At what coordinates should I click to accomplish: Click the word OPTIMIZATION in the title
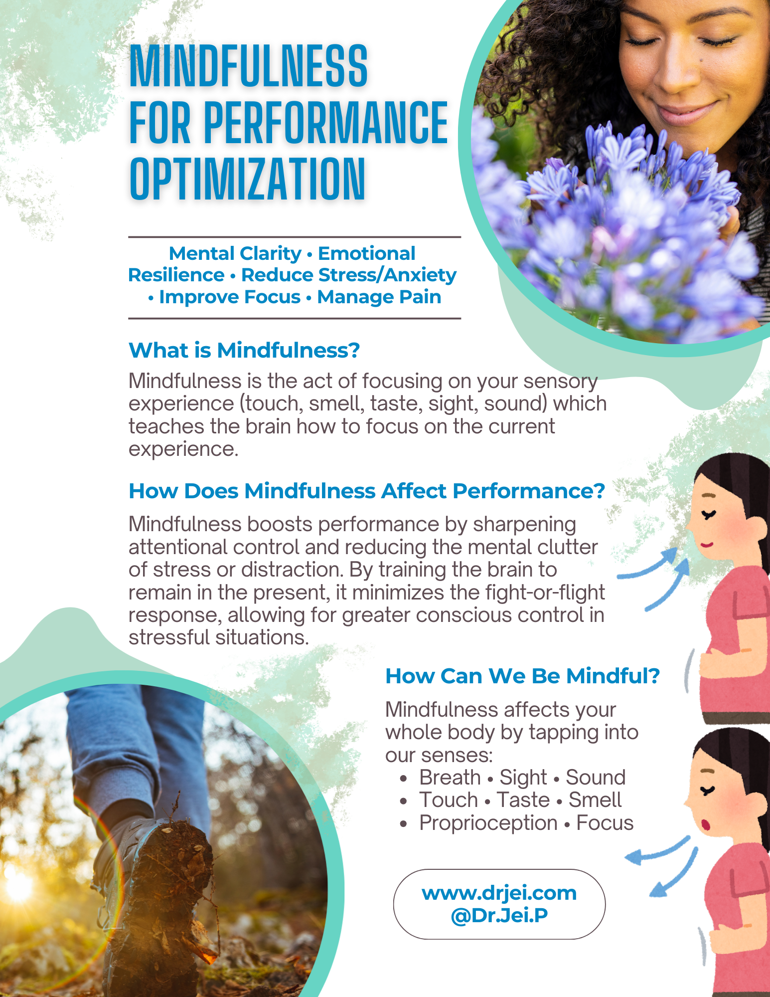[248, 178]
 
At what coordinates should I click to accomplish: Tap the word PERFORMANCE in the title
[326, 122]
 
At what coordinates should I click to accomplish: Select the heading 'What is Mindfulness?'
[244, 350]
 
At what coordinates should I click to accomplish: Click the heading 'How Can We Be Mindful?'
[522, 676]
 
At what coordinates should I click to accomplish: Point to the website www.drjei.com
[499, 893]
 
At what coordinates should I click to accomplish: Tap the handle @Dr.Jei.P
[499, 915]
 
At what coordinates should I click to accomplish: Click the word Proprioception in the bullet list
[488, 823]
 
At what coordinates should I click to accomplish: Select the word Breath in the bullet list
[450, 778]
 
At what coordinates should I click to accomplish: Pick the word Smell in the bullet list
[595, 800]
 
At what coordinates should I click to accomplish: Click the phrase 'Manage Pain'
[379, 297]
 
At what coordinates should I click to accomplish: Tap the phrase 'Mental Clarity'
[235, 253]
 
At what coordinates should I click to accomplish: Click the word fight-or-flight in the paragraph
[545, 593]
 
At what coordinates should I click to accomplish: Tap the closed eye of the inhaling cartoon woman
[708, 514]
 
